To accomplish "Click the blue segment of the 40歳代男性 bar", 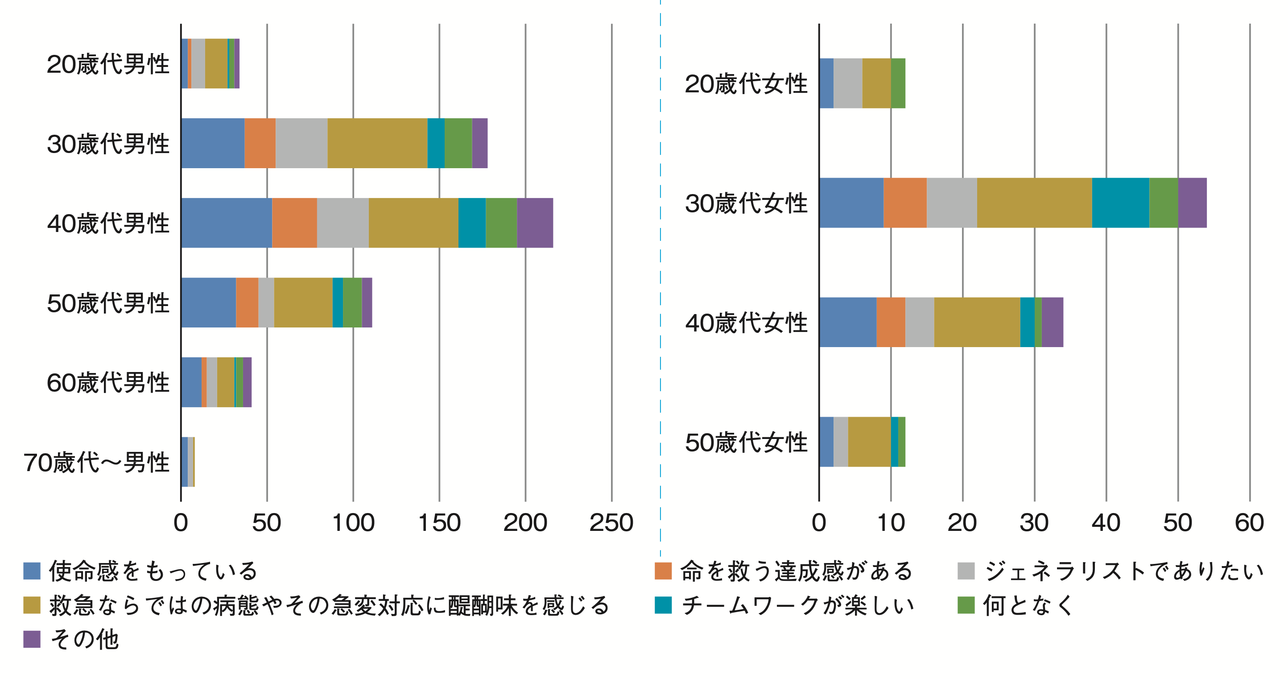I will (227, 223).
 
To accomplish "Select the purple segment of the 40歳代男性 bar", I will (535, 223).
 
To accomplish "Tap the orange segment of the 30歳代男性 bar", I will (260, 143).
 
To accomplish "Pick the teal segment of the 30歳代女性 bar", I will (1120, 203).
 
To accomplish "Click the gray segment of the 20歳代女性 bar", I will (847, 83).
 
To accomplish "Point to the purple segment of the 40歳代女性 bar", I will (1053, 322).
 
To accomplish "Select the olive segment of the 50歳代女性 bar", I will (870, 442).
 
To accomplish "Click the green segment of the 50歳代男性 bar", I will (352, 302).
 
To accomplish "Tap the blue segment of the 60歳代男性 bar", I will (191, 382).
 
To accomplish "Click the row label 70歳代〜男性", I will (96, 463).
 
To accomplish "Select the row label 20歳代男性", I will (108, 64).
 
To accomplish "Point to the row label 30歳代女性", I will (746, 203).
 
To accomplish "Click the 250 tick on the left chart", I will (611, 523).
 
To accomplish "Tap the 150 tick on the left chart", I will (439, 523).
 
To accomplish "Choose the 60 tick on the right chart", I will (1250, 523).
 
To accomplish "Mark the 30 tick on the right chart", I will (1034, 523).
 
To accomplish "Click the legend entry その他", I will (84, 639).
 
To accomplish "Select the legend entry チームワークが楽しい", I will (797, 605).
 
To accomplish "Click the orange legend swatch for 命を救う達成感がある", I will (663, 571).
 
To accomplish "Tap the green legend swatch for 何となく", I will (966, 605).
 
